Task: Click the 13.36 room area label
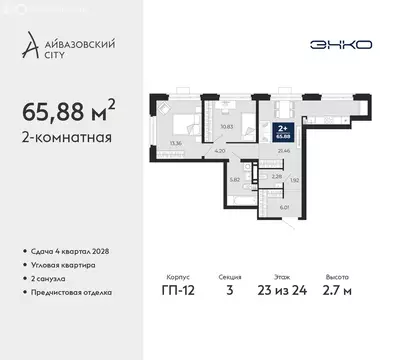[x=176, y=143]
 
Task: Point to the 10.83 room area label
[x=225, y=127]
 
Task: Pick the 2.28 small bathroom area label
[x=276, y=175]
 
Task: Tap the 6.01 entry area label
[x=285, y=207]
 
